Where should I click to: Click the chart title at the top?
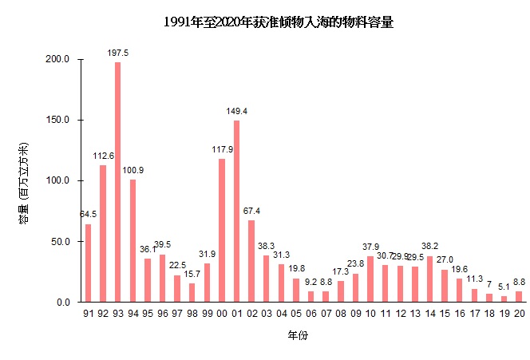tap(279, 22)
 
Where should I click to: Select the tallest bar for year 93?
tap(118, 182)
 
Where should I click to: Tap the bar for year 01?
tap(236, 212)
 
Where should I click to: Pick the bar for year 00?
tap(222, 231)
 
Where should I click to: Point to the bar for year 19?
tap(504, 299)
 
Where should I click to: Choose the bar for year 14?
tap(429, 279)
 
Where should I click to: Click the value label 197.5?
tap(118, 53)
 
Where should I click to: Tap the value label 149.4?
tap(236, 111)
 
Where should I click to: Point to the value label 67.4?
tap(251, 211)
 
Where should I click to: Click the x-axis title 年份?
tap(298, 336)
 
